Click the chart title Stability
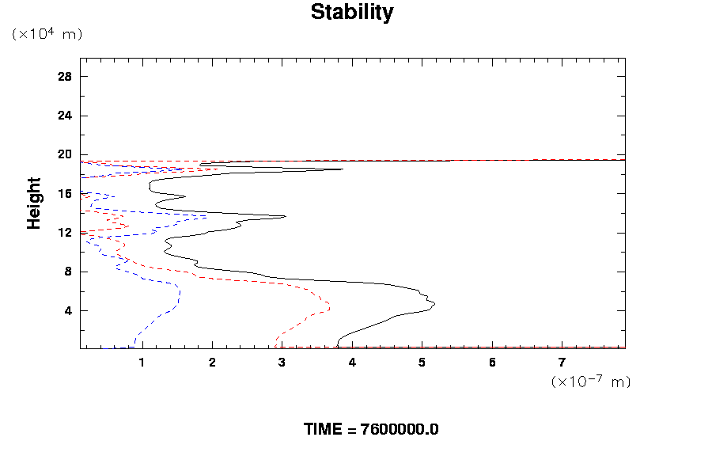(x=351, y=13)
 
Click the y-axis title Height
(x=34, y=203)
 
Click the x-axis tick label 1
(x=142, y=363)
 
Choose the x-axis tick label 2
(x=212, y=363)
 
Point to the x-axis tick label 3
(x=282, y=363)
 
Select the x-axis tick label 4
(x=352, y=363)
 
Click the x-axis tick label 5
(x=422, y=363)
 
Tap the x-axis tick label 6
(x=492, y=363)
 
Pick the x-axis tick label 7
(x=562, y=363)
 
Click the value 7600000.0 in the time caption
(x=400, y=430)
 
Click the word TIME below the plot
(x=324, y=430)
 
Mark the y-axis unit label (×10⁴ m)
(x=47, y=34)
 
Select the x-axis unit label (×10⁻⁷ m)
(x=590, y=382)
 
